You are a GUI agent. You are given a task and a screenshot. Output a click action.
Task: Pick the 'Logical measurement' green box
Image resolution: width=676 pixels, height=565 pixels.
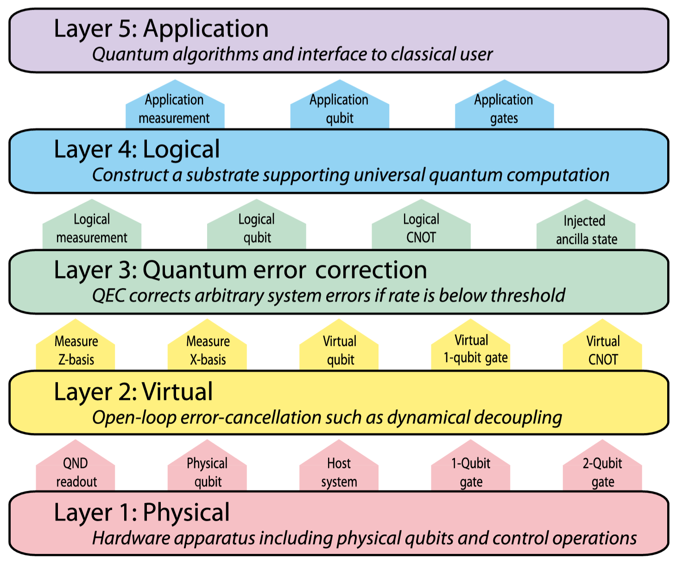(92, 228)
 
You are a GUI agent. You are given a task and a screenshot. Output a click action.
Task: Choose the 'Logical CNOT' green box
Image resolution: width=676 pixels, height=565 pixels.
(421, 228)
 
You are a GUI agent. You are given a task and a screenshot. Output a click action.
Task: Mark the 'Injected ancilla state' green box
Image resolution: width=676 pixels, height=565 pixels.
(586, 229)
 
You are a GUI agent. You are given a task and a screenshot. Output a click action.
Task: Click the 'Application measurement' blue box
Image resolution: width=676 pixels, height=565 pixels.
(175, 108)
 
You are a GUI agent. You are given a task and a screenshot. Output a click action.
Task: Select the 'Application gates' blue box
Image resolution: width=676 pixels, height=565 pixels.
(504, 108)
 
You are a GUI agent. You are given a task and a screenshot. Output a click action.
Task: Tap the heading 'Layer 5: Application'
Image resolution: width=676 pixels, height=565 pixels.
(161, 29)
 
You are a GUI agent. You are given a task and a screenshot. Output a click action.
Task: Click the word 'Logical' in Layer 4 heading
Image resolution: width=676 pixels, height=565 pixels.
(181, 150)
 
